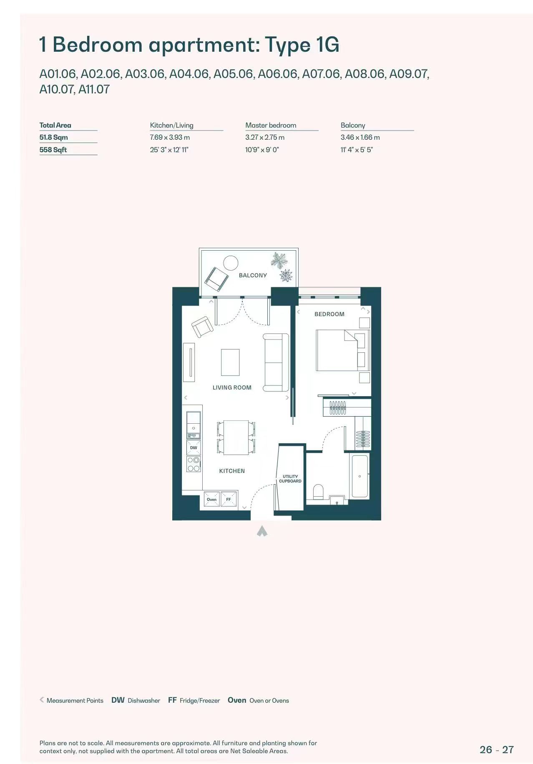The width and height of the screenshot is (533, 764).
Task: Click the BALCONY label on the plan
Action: (x=253, y=275)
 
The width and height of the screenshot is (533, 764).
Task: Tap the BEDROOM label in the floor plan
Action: (x=329, y=314)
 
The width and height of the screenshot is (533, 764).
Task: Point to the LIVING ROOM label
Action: (x=232, y=387)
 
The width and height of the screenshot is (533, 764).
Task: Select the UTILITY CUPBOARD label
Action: (x=290, y=479)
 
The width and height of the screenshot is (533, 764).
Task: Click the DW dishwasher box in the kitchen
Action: (x=194, y=448)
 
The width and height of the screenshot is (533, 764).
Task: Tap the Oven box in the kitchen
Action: (x=212, y=499)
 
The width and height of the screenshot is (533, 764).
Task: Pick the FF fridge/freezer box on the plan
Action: (x=229, y=499)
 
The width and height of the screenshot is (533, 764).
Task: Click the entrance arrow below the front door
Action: (x=262, y=531)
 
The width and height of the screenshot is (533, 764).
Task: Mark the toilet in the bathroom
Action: (x=318, y=492)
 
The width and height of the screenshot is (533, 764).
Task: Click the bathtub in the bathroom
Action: (x=360, y=476)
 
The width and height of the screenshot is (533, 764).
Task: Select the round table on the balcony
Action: (x=231, y=263)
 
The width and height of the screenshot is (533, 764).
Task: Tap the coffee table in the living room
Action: (x=230, y=362)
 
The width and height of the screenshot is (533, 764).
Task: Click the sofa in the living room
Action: (x=276, y=362)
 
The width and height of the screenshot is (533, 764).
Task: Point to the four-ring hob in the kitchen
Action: (x=194, y=464)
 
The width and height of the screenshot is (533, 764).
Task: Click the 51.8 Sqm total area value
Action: (x=53, y=137)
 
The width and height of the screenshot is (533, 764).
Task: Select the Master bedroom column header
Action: (x=271, y=125)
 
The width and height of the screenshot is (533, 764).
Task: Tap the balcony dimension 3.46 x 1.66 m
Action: (x=360, y=137)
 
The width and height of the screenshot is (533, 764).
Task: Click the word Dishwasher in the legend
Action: (x=144, y=701)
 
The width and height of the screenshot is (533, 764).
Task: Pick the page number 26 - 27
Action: (x=497, y=749)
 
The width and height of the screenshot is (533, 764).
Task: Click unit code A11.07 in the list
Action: (x=94, y=89)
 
